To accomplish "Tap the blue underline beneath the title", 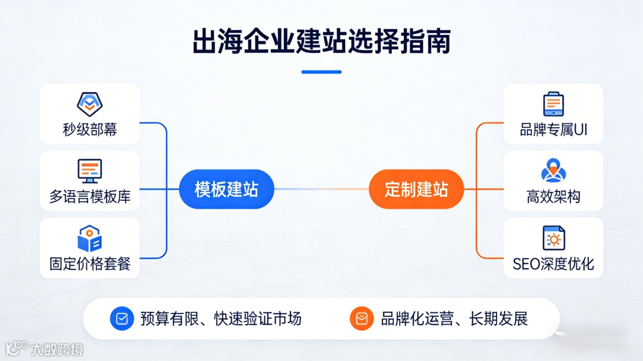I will coord(321,72).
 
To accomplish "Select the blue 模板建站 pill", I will coord(226,190).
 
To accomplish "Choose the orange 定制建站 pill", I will coord(416,190).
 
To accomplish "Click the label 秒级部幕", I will coord(90,130).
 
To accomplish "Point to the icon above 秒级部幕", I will coord(90,104).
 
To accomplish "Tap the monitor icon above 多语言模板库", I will coord(90,171).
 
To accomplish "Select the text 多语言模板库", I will coord(90,197).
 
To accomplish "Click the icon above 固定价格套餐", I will coord(90,238).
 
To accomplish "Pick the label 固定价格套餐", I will coord(90,263).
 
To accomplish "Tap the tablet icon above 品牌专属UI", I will coord(553,104).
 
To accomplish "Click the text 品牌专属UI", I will coord(553,130).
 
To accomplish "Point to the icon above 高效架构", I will coord(553,171).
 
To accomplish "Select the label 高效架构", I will coord(553,197).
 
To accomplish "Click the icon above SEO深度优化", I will coord(553,238).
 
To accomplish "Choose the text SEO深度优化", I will coord(553,263).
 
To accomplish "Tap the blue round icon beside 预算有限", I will coord(122,319).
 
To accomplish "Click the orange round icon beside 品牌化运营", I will coord(361,319).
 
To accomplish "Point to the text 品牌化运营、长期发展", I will coord(454,319).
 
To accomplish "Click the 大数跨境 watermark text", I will coord(57,349).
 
